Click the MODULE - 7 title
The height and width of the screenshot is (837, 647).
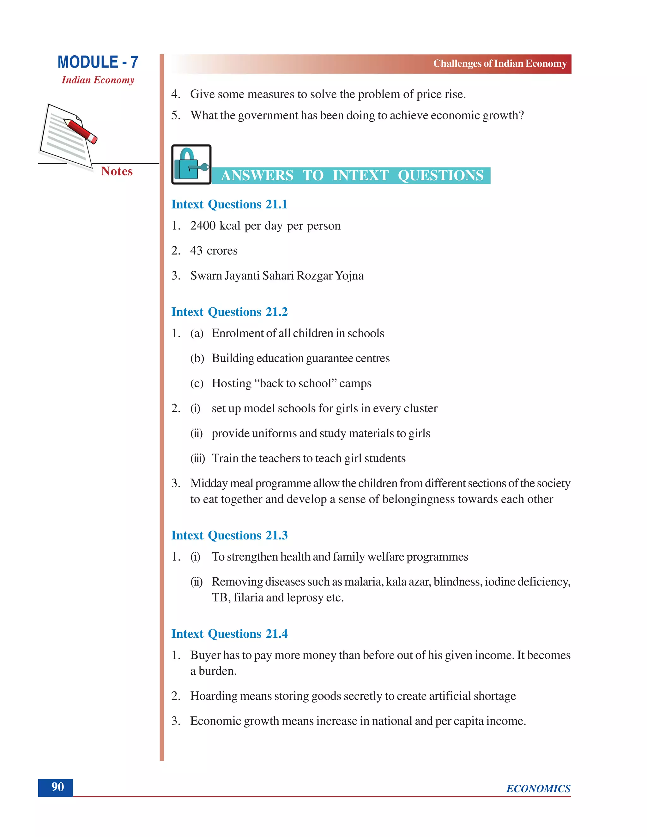click(98, 62)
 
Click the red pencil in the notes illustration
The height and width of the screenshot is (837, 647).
click(81, 131)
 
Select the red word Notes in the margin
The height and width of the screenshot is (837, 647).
click(117, 171)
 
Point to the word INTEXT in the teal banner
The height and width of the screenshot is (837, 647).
click(360, 176)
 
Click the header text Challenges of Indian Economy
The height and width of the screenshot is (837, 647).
click(499, 63)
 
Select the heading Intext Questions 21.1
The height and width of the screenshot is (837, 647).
click(229, 204)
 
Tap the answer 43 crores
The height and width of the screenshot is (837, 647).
click(214, 251)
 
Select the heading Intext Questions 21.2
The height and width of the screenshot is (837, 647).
click(229, 312)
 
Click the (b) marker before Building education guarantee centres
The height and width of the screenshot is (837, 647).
click(197, 358)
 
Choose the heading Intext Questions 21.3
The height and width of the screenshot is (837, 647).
click(229, 535)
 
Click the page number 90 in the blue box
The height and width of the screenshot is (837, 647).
click(57, 787)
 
